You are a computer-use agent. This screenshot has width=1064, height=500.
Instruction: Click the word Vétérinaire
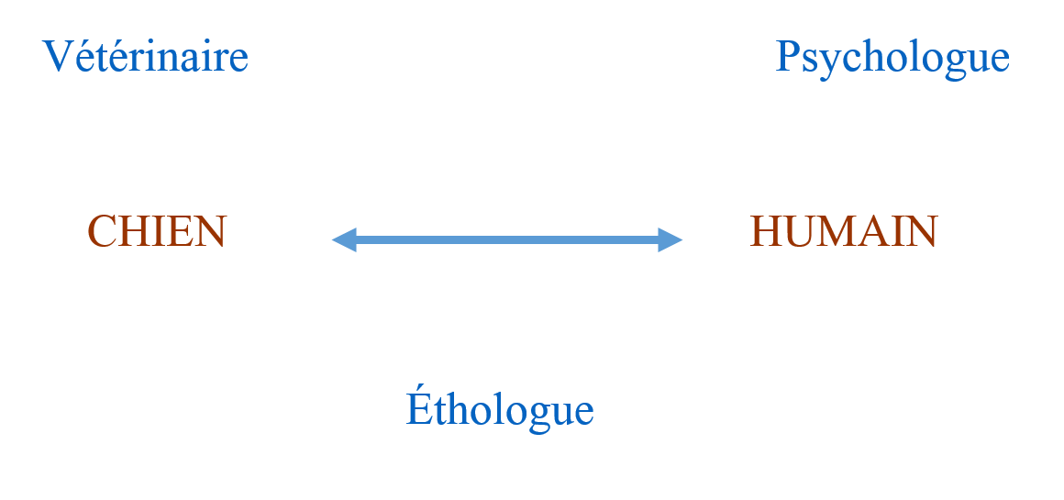[145, 55]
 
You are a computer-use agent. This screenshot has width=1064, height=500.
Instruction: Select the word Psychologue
[892, 59]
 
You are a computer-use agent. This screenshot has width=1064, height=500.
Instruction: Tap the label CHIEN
[157, 231]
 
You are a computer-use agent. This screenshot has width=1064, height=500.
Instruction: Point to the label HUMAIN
[844, 231]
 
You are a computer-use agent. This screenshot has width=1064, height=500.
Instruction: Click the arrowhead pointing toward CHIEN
[344, 240]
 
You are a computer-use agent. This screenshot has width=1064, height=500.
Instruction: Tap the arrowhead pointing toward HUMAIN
[670, 240]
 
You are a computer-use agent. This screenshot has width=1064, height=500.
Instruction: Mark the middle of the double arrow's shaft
[507, 240]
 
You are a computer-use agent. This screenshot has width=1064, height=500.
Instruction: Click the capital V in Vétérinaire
[57, 56]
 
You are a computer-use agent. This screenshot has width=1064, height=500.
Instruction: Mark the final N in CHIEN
[210, 232]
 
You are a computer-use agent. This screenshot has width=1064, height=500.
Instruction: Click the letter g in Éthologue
[538, 416]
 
